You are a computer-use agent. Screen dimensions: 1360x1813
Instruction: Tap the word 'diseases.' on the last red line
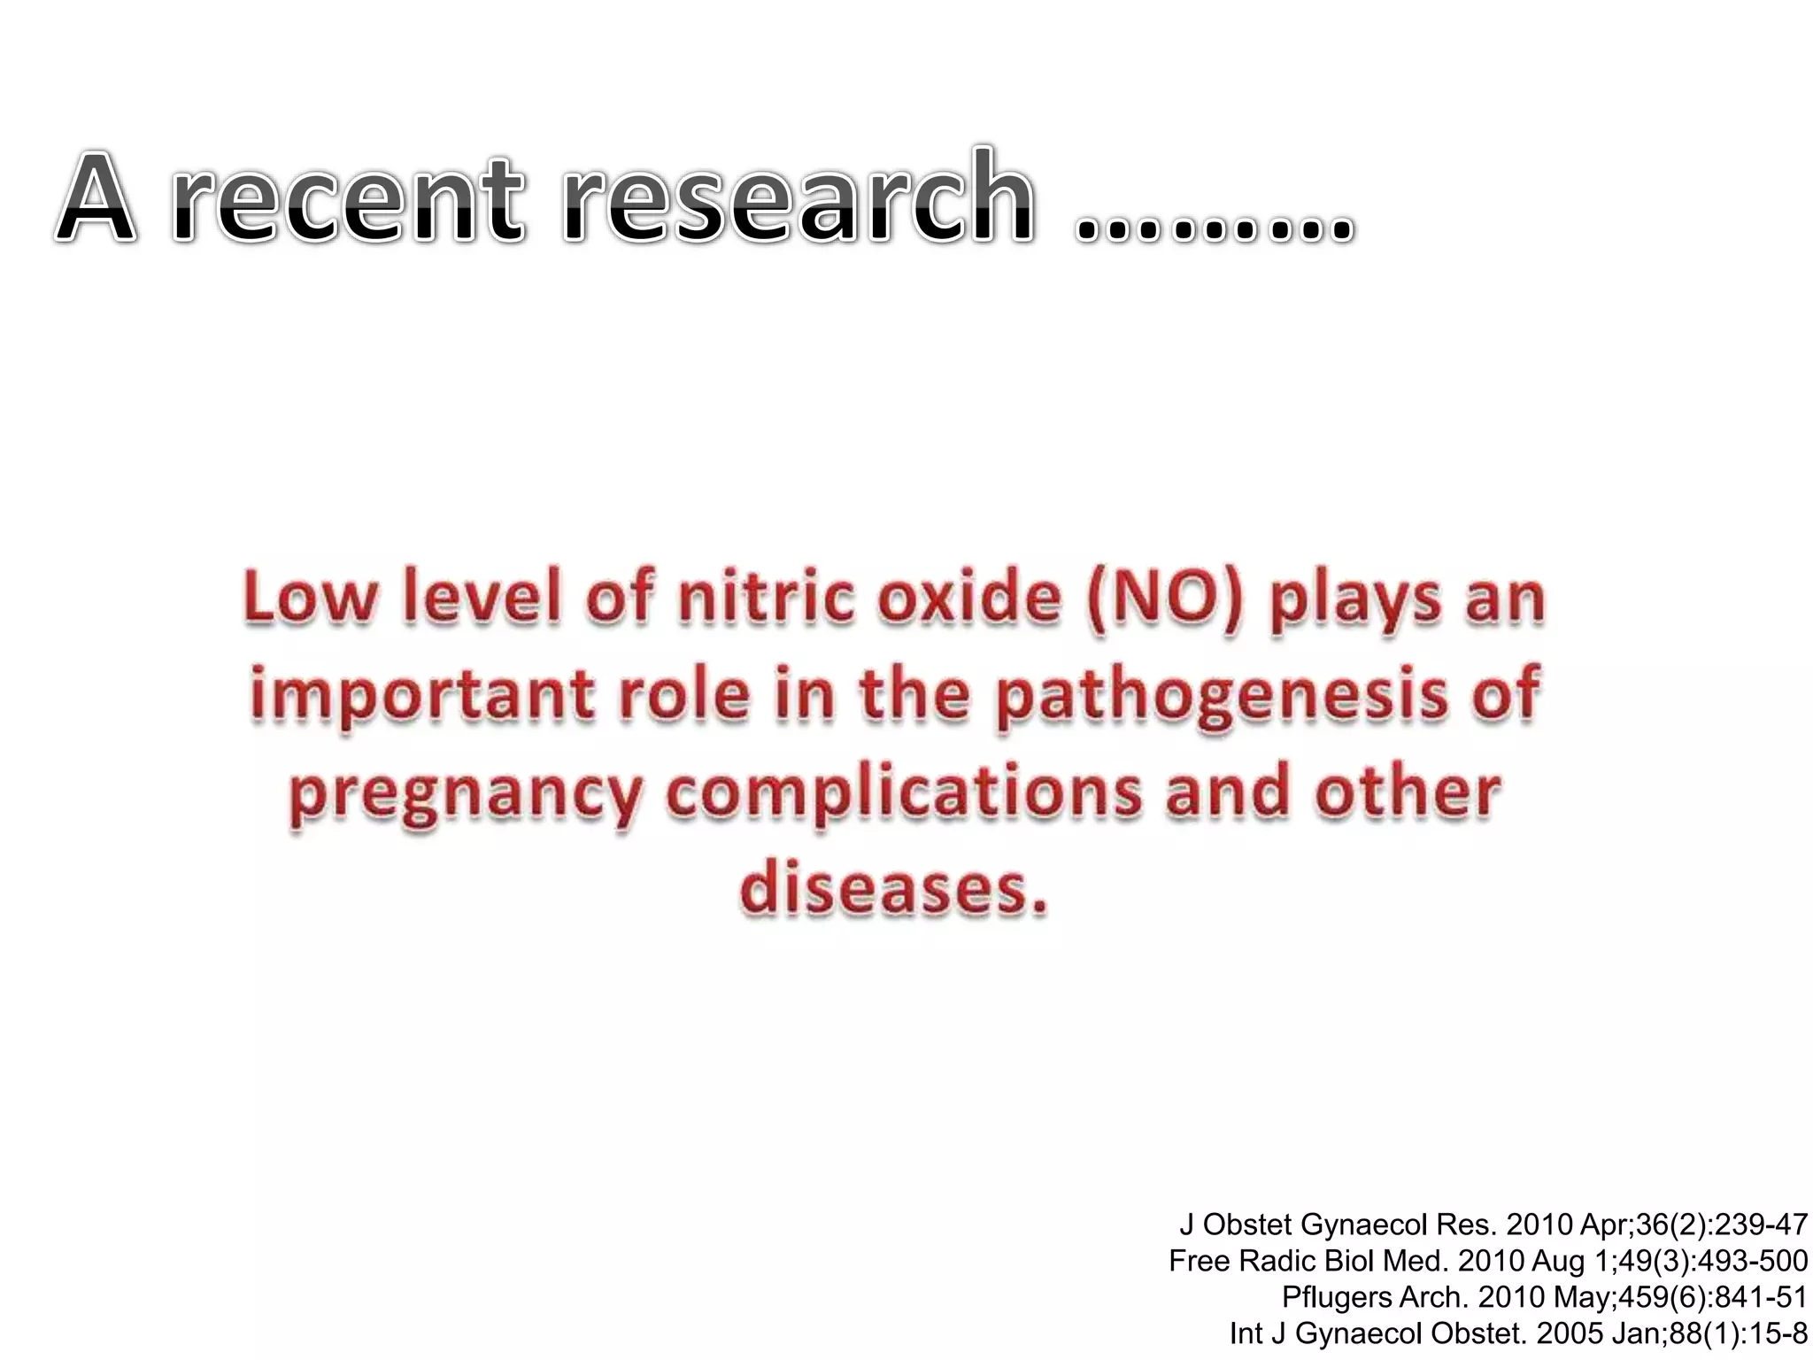pos(894,889)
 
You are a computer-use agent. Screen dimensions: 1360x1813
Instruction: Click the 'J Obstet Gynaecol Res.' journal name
pos(1339,1225)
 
